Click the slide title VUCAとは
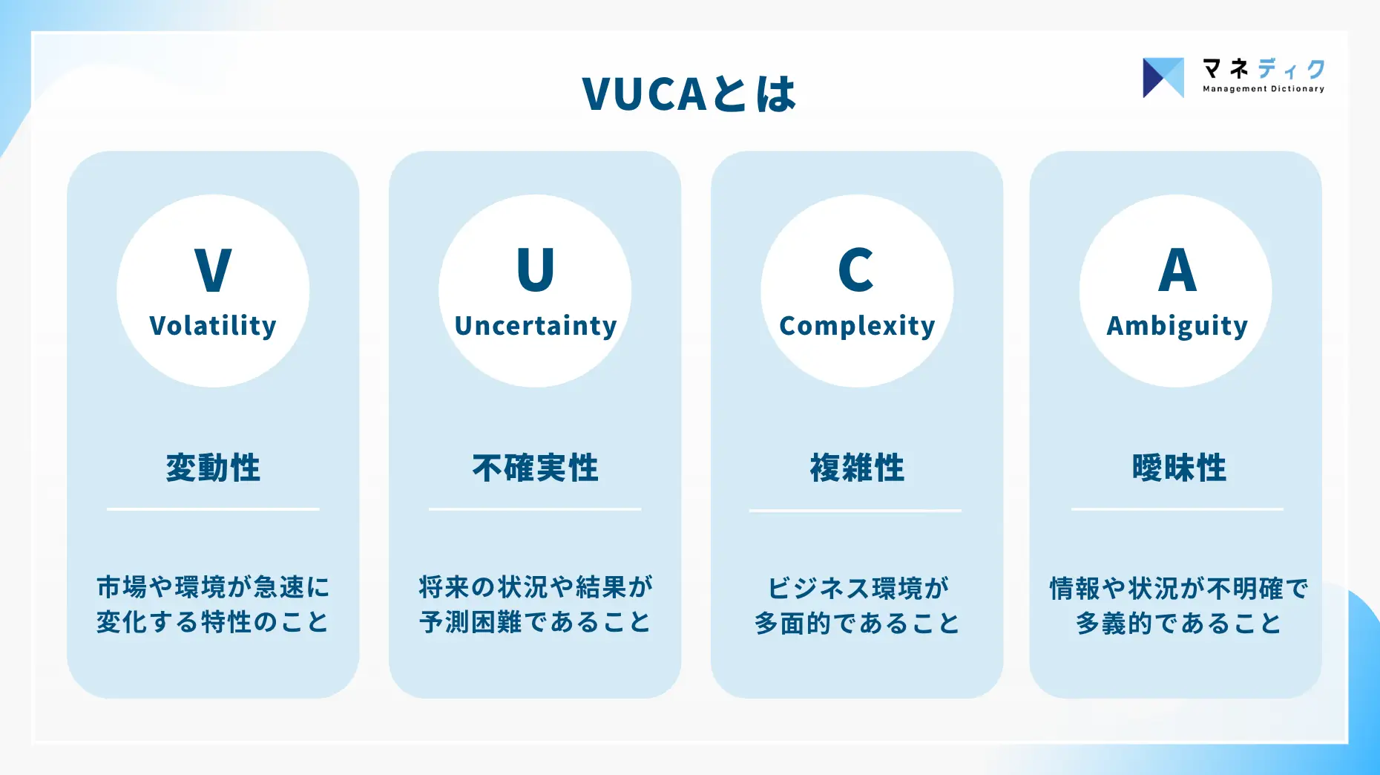[x=689, y=94]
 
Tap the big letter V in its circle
[x=213, y=270]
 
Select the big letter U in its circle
[x=535, y=270]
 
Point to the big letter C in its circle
[x=856, y=270]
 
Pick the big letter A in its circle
[x=1177, y=270]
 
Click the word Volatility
[x=213, y=326]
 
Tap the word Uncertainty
[x=536, y=326]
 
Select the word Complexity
[x=857, y=326]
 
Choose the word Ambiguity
[x=1177, y=326]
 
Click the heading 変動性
[x=213, y=468]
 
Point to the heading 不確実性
[x=535, y=468]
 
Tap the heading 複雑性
[x=857, y=468]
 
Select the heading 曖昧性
[x=1179, y=468]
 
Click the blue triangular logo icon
[x=1163, y=78]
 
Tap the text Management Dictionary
[x=1264, y=89]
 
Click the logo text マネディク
[x=1264, y=69]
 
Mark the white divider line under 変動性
[x=213, y=509]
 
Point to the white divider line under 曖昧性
[x=1177, y=509]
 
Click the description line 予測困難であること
[x=535, y=622]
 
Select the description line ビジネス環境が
[x=858, y=588]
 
